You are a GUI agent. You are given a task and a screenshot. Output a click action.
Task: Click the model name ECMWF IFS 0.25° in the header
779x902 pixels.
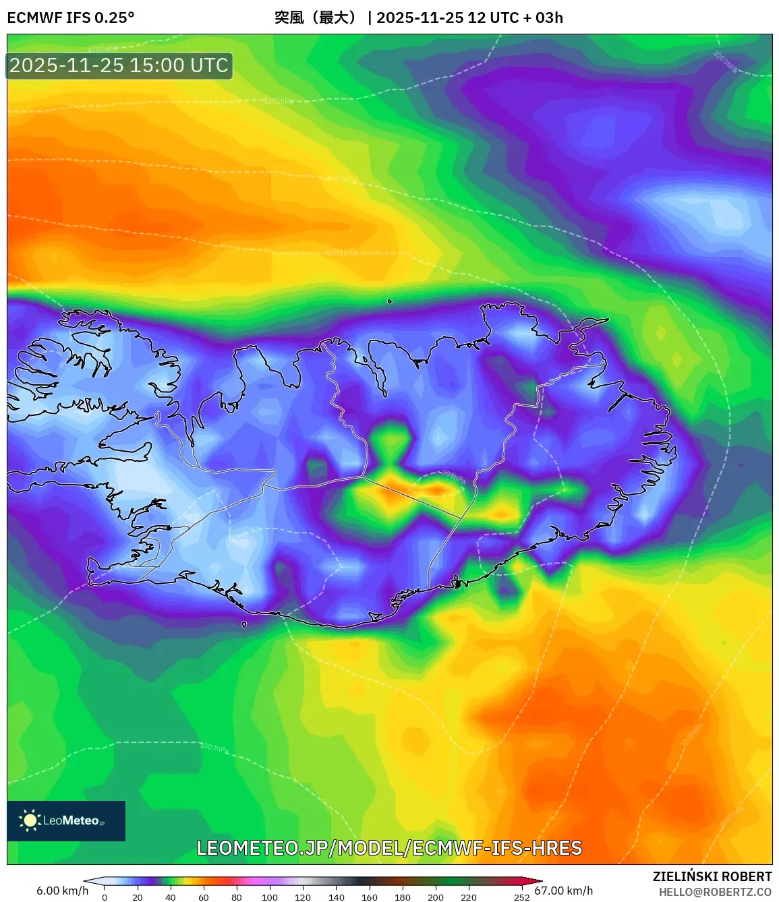pos(71,18)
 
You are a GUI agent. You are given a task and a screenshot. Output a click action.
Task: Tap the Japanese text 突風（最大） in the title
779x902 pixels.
pos(315,18)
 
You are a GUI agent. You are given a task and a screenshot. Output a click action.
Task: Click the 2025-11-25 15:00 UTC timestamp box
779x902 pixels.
pos(119,66)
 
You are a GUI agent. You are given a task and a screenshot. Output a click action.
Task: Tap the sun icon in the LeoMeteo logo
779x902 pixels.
pos(30,820)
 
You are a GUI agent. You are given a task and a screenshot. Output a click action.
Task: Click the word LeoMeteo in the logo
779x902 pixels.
pos(71,820)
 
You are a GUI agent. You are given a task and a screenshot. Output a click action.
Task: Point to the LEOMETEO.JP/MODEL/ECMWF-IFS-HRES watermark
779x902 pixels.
pos(389,848)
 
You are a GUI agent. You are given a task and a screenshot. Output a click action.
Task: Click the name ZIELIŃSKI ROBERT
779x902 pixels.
pos(712,876)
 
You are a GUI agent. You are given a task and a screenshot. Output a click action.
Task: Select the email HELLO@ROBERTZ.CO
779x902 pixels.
pos(715,892)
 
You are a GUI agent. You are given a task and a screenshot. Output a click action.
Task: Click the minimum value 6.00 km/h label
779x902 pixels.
pos(62,891)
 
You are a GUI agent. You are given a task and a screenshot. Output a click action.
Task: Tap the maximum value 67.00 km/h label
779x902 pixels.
pos(564,891)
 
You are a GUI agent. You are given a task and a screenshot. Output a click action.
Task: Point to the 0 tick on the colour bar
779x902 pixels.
pos(105,897)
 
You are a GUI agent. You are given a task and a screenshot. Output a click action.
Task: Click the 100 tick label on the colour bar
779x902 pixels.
pos(270,897)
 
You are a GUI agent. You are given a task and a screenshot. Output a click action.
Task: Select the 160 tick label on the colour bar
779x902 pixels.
pos(370,897)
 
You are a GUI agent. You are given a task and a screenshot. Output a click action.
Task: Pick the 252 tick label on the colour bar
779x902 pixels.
pos(522,897)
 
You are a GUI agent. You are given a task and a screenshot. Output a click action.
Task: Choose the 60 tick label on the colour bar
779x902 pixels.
pos(204,897)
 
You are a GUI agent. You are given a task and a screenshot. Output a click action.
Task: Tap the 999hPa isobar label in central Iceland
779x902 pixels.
pos(454,477)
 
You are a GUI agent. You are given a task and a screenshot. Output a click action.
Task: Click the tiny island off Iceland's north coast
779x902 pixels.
pos(389,301)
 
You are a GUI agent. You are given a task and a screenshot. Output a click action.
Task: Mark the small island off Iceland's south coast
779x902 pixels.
pos(244,624)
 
